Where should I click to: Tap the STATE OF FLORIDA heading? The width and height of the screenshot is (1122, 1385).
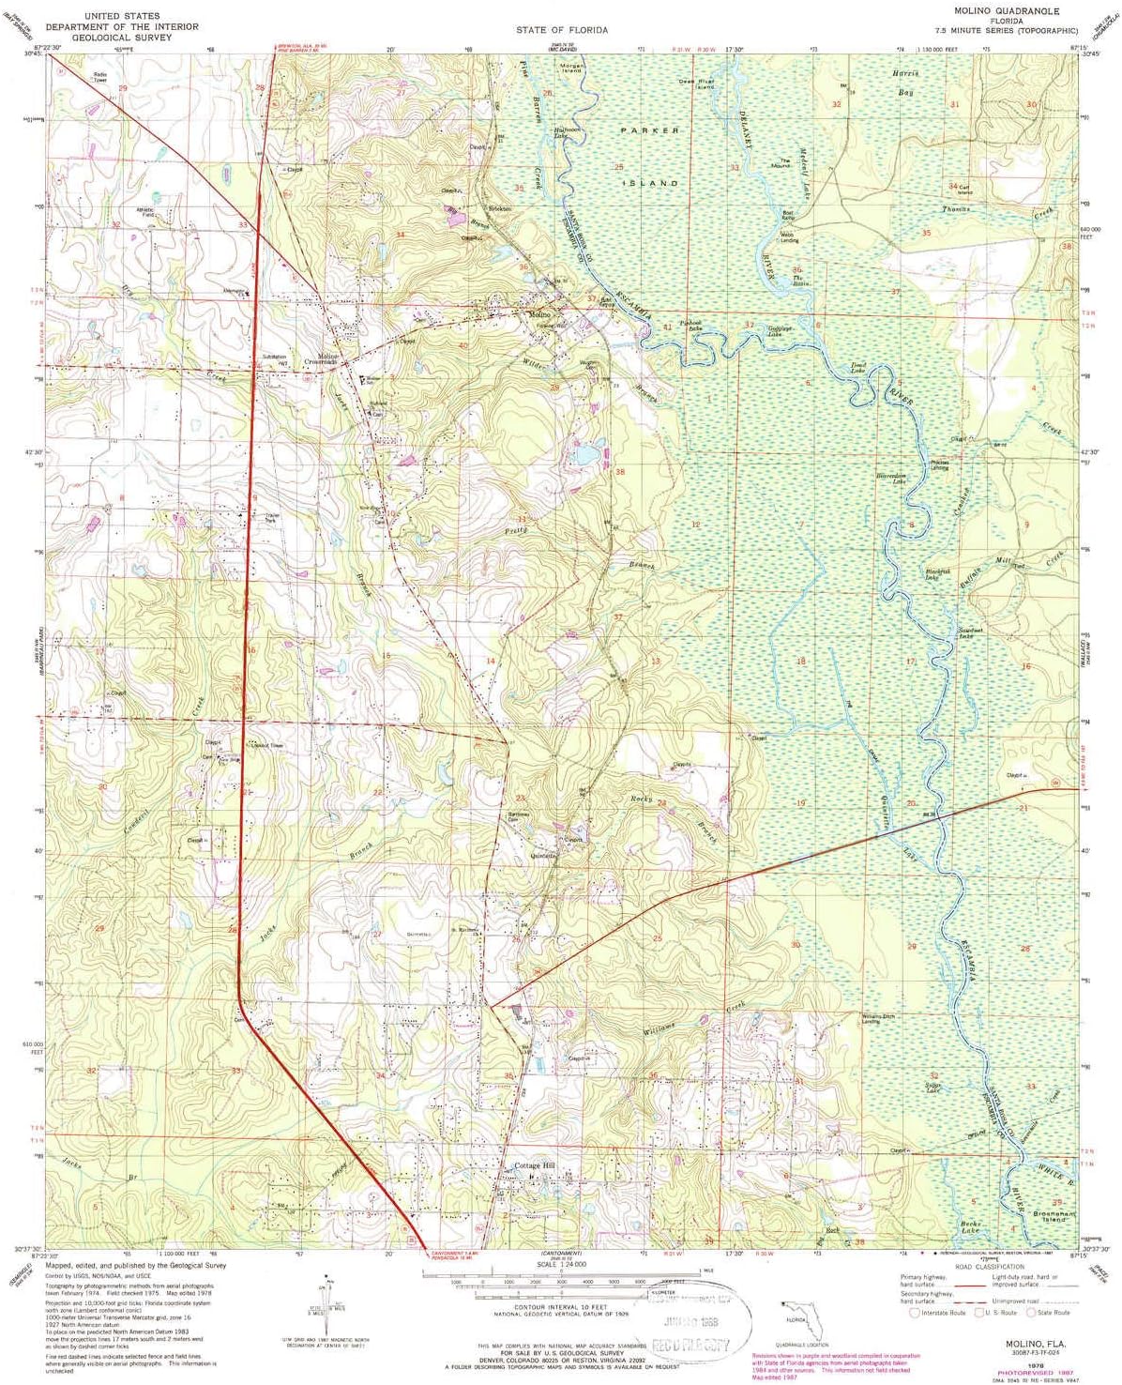(x=561, y=30)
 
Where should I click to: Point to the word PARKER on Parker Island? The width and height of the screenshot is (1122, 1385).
(x=649, y=130)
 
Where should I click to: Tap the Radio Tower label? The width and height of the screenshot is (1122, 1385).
(x=99, y=77)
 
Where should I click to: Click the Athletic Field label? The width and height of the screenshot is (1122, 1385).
(x=145, y=212)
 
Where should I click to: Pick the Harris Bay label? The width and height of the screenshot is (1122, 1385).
(x=905, y=83)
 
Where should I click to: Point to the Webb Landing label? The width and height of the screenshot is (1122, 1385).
(x=789, y=237)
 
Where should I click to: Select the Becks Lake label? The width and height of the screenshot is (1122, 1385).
(x=970, y=1226)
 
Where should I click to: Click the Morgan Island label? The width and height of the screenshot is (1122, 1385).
(x=571, y=68)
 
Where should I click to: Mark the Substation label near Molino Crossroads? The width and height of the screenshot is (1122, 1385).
(x=274, y=358)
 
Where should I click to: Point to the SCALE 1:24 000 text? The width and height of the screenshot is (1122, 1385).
(x=560, y=1265)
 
